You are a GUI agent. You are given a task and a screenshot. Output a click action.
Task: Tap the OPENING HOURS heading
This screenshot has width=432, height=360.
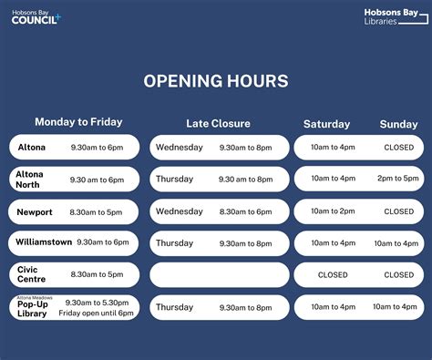216,81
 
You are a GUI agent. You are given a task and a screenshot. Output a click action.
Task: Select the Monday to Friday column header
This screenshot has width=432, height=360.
78,122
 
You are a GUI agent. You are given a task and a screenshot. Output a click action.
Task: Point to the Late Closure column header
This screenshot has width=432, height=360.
218,123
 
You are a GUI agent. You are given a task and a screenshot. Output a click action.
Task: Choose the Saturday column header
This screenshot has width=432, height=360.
327,123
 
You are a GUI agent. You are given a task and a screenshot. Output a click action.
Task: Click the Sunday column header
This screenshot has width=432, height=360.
398,123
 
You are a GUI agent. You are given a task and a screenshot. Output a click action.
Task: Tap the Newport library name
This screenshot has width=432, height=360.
35,211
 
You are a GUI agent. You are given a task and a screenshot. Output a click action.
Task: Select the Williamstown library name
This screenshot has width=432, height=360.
42,242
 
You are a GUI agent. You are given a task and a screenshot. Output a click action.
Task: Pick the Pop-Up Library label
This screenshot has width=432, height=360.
33,308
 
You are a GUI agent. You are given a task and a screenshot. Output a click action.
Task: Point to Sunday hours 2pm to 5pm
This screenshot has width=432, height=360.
398,179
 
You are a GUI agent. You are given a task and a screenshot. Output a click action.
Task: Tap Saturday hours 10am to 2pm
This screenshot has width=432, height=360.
333,211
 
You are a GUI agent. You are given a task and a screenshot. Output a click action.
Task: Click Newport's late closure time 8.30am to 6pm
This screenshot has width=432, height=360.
245,211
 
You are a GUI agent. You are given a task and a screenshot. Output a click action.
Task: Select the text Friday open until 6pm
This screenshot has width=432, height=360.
96,313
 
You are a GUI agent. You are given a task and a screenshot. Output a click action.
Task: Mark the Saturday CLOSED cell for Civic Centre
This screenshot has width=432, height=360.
333,274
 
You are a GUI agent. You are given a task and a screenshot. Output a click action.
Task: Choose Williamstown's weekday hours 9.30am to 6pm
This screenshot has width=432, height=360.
103,242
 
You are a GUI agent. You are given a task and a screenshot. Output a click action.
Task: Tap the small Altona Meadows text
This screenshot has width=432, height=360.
32,297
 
